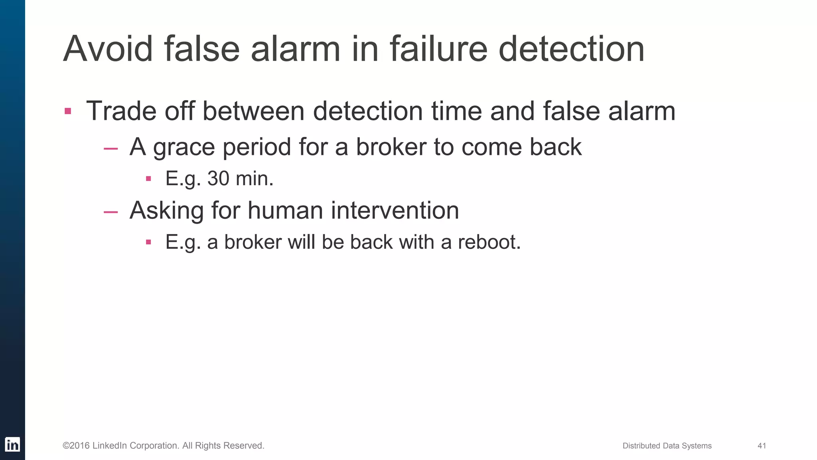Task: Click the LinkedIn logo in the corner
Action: (x=12, y=444)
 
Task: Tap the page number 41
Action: (x=762, y=446)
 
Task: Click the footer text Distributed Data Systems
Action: (x=667, y=446)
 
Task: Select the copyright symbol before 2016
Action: (x=66, y=446)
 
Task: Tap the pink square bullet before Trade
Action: (x=68, y=111)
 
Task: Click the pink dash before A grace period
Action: (x=111, y=149)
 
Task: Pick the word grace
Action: (x=184, y=148)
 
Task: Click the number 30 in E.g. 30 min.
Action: (x=218, y=178)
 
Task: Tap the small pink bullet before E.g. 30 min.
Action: (x=148, y=178)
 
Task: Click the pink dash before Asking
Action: (x=111, y=212)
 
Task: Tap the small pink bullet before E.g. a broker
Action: (x=148, y=242)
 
